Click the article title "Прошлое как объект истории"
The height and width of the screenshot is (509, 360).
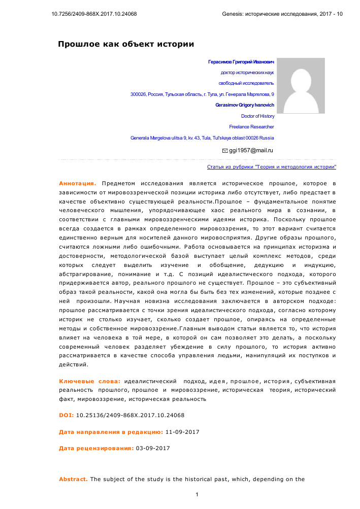tap(126, 44)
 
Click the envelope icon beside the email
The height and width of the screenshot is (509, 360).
tap(225, 151)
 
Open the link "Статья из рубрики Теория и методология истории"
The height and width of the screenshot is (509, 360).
tap(272, 167)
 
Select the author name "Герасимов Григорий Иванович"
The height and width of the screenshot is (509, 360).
tap(241, 62)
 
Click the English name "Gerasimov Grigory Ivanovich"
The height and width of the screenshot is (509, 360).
tap(244, 105)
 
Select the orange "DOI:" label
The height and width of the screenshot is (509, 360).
tap(67, 415)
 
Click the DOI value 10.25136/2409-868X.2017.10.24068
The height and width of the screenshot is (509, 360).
tap(130, 415)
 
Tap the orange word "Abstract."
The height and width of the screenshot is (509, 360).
tap(73, 479)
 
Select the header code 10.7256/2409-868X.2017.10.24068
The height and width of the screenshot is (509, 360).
tap(94, 14)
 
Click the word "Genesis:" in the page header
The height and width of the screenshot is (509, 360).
tap(233, 14)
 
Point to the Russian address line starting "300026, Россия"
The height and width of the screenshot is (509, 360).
tap(202, 94)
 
